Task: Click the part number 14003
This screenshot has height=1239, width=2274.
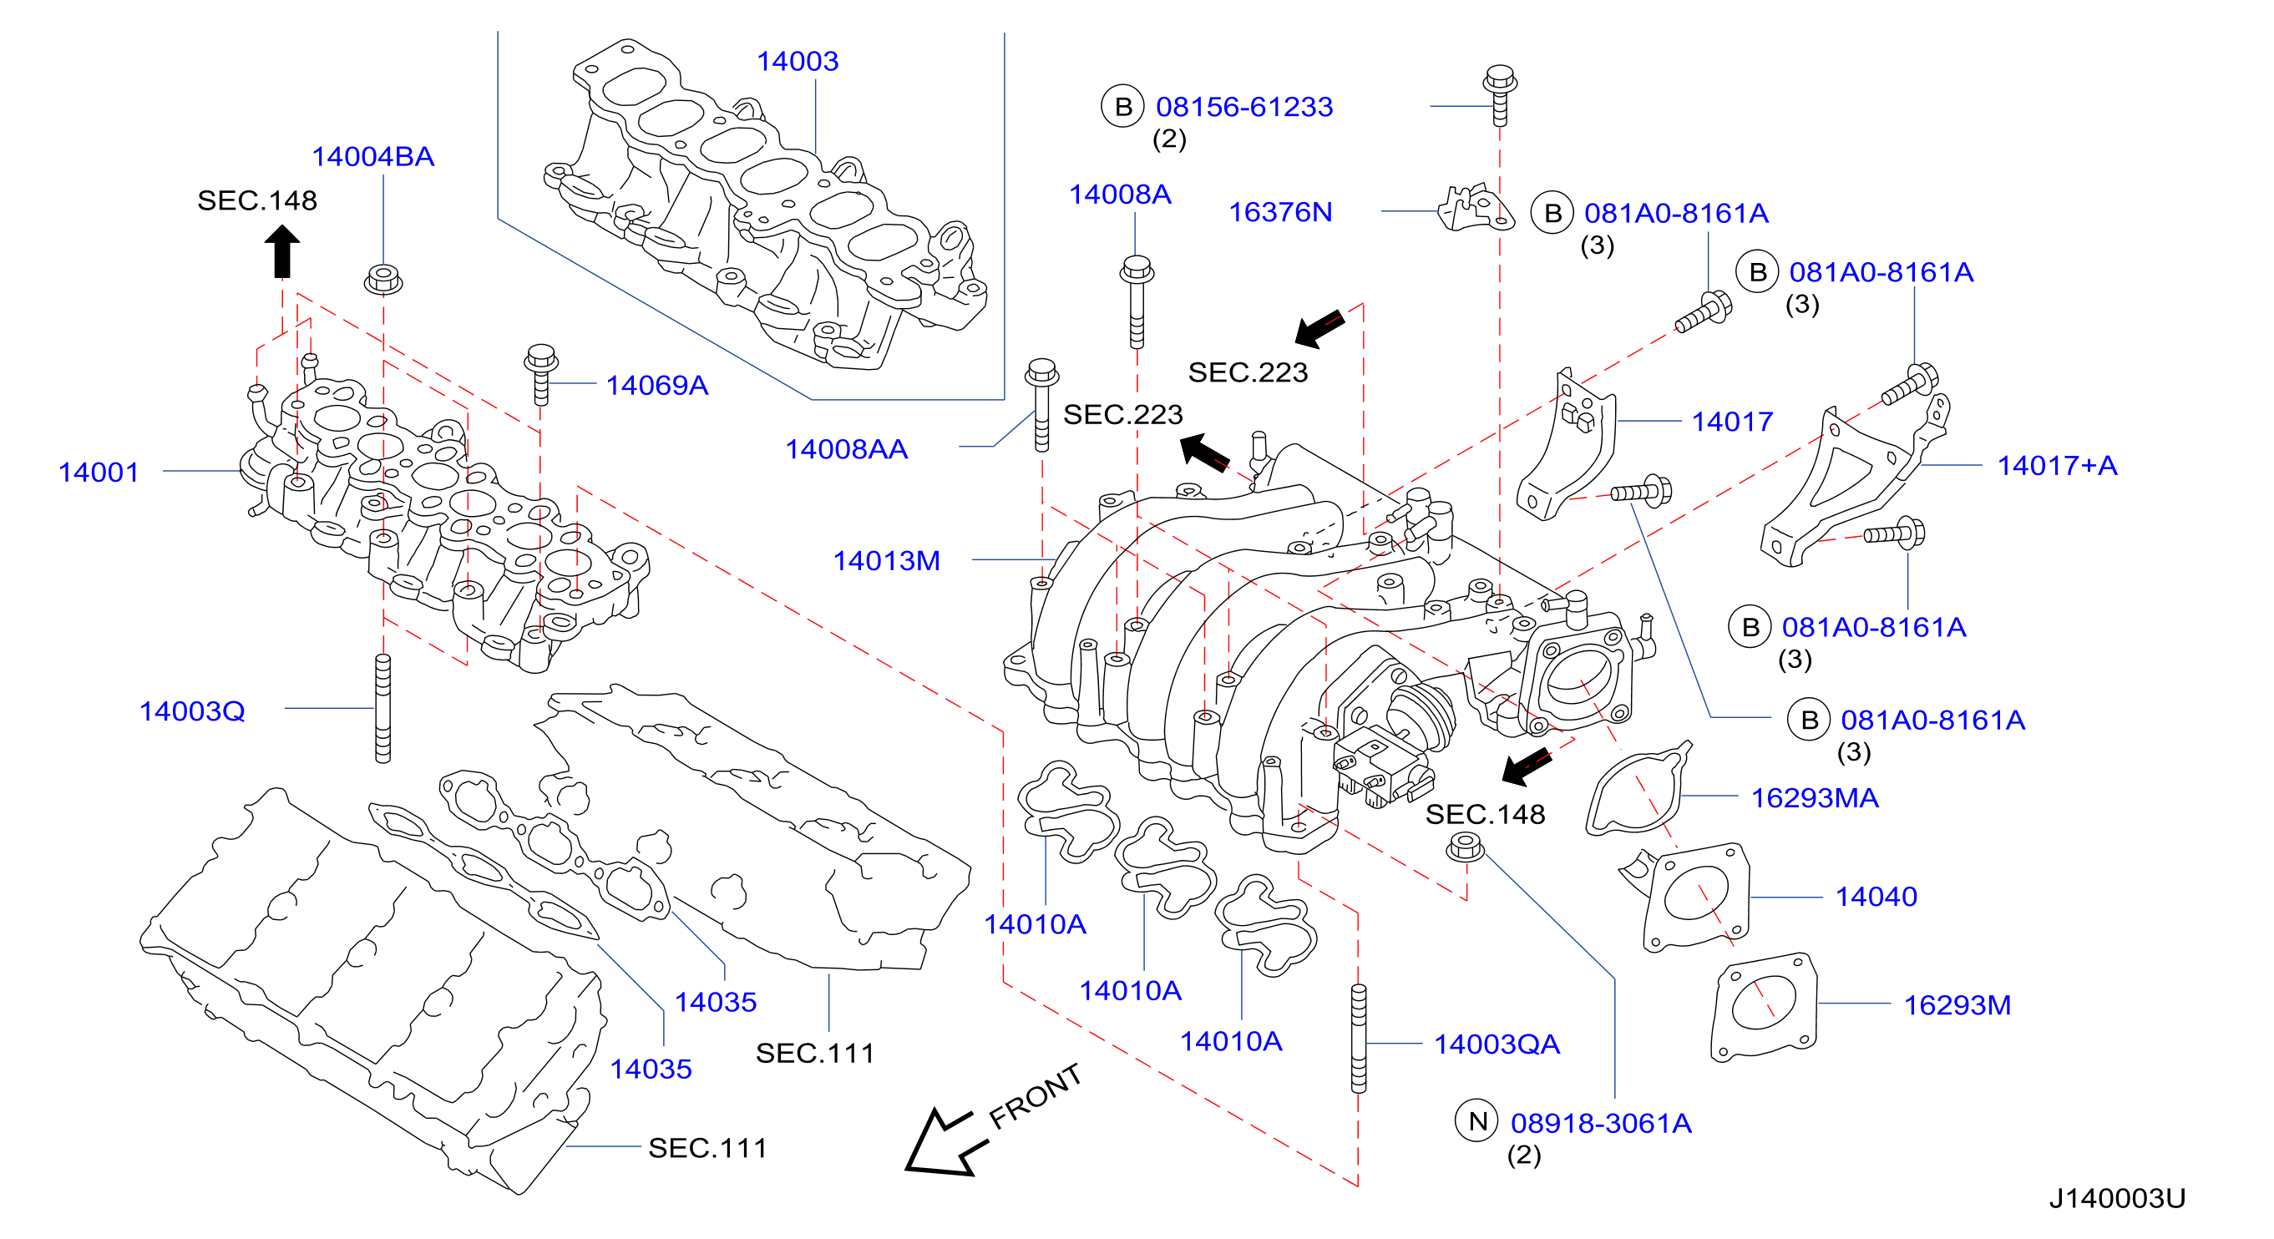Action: [798, 61]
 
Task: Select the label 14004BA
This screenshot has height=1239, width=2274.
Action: [372, 156]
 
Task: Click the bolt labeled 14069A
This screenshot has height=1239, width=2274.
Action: [540, 373]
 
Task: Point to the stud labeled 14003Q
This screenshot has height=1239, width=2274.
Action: [383, 708]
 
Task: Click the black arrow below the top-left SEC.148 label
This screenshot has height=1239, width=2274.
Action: [282, 251]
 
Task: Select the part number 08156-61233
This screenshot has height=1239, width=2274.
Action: [1243, 107]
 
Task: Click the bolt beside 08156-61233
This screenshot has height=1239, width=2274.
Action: [1499, 94]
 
